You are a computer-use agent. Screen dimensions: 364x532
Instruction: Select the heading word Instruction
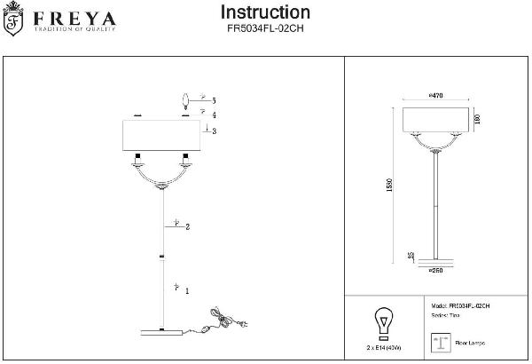[x=264, y=12]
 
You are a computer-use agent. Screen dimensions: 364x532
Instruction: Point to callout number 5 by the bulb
[x=214, y=102]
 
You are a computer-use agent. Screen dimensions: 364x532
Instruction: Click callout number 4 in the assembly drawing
[x=214, y=115]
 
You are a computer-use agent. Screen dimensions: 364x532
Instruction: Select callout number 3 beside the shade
[x=214, y=131]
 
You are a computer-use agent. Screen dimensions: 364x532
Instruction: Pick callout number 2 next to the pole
[x=188, y=226]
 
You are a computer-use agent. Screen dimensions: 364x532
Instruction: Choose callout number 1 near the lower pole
[x=186, y=290]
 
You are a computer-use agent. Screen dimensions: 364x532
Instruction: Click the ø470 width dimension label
[x=435, y=95]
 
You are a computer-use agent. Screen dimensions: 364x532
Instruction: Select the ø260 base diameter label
[x=435, y=269]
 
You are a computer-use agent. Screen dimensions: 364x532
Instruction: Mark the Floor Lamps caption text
[x=469, y=343]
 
